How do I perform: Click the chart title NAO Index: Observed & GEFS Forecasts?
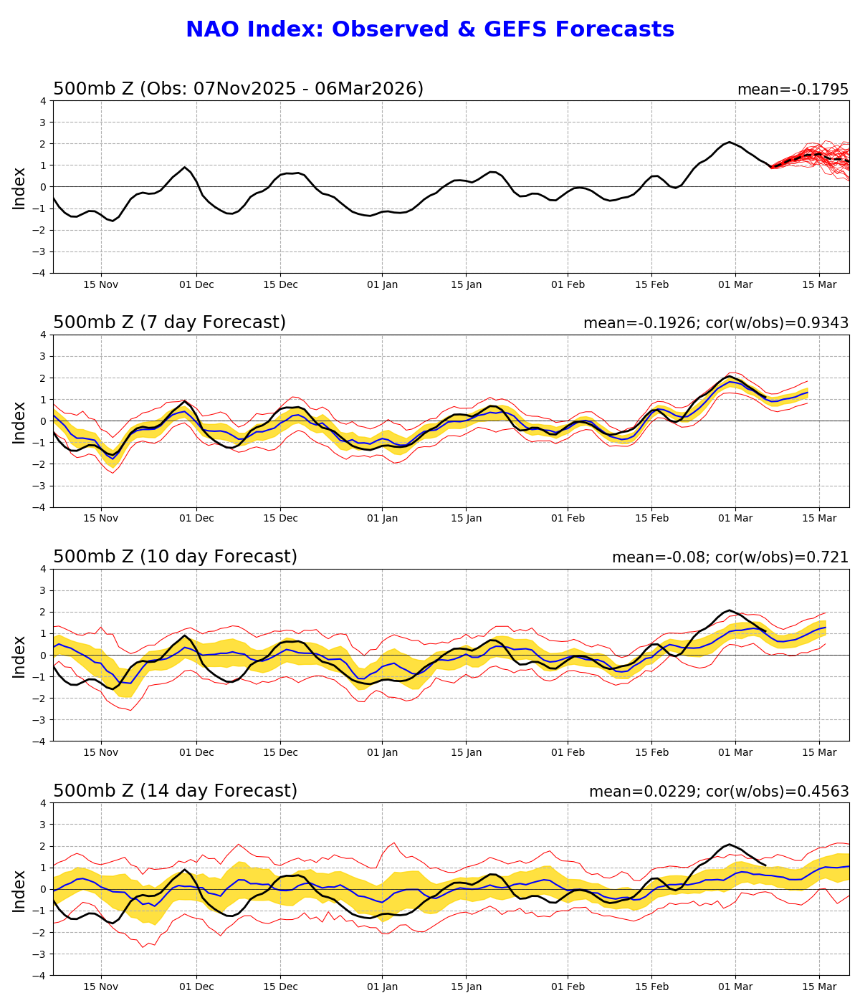[x=430, y=30]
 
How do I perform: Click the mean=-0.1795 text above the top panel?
[x=793, y=90]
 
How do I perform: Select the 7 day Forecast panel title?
[x=169, y=322]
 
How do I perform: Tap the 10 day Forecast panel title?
[x=175, y=557]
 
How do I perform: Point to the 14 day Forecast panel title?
[x=175, y=791]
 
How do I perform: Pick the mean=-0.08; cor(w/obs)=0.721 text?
[x=730, y=557]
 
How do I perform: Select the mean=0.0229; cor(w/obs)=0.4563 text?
[x=719, y=792]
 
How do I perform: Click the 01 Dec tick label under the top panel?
[x=196, y=284]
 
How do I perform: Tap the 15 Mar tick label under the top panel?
[x=819, y=284]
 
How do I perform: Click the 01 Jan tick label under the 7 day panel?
[x=382, y=519]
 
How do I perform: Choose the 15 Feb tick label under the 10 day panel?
[x=651, y=753]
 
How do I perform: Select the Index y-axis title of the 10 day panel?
[x=19, y=656]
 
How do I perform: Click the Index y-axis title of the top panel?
[x=19, y=187]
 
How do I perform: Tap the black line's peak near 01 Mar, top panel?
[x=730, y=142]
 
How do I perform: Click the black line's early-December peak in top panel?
[x=185, y=167]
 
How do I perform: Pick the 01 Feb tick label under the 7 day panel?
[x=568, y=519]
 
